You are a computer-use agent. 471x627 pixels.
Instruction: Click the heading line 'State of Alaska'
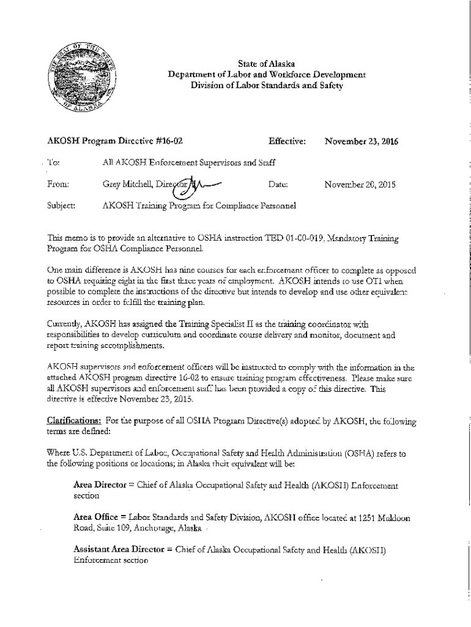[267, 64]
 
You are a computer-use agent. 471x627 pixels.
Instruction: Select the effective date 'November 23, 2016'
[362, 142]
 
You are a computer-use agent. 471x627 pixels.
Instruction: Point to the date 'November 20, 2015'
[361, 183]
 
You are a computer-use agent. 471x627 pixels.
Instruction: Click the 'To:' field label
[54, 163]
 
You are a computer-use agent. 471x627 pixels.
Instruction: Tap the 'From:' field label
[58, 184]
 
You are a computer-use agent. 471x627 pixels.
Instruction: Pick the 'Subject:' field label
[61, 205]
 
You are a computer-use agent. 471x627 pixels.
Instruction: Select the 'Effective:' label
[287, 142]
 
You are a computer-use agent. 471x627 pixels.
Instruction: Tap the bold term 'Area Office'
[97, 517]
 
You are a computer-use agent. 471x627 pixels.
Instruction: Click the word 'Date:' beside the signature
[278, 184]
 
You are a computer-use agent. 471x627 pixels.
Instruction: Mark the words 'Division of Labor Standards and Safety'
[267, 85]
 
